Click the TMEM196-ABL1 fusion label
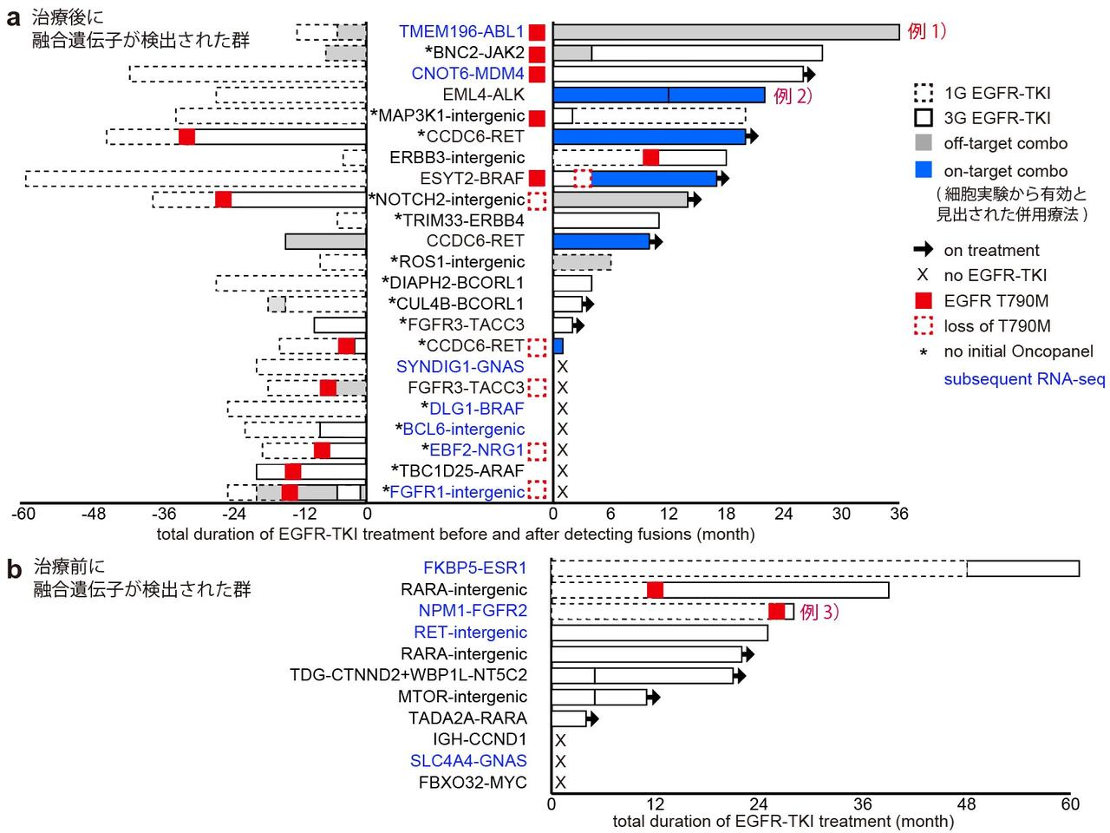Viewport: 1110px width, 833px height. pos(461,32)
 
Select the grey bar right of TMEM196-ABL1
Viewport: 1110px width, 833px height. pos(726,32)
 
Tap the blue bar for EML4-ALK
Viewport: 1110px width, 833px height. pos(658,95)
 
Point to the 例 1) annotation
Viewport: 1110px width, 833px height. pos(926,31)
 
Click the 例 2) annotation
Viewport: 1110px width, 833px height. pos(793,95)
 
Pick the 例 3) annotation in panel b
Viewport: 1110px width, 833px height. pos(819,612)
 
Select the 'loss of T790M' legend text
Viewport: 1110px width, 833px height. pos(997,326)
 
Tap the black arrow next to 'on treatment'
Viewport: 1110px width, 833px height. pos(923,250)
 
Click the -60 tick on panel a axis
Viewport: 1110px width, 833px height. pos(23,514)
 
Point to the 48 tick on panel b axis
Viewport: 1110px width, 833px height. pos(968,803)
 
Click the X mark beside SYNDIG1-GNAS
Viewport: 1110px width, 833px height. pos(563,367)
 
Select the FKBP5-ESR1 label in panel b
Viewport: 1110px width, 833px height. pos(474,568)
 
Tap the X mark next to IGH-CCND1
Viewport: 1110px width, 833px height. pos(560,740)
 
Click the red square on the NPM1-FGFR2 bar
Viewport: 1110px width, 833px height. pos(776,611)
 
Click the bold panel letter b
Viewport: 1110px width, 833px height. pos(14,570)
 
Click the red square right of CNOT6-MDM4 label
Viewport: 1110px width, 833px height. pos(537,74)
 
